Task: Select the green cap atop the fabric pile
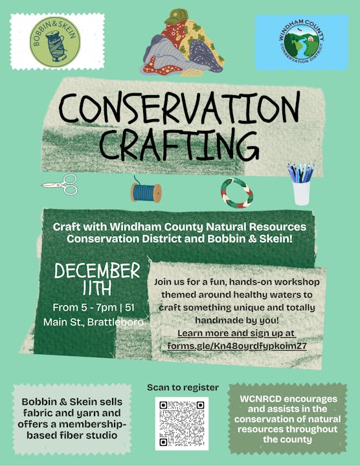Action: [x=175, y=16]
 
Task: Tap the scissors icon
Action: [x=60, y=184]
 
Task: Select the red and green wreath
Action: [x=236, y=192]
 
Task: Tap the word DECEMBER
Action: [x=97, y=271]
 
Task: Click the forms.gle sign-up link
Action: [x=236, y=345]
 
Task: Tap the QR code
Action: [x=182, y=423]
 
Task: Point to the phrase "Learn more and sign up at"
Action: [x=236, y=333]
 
